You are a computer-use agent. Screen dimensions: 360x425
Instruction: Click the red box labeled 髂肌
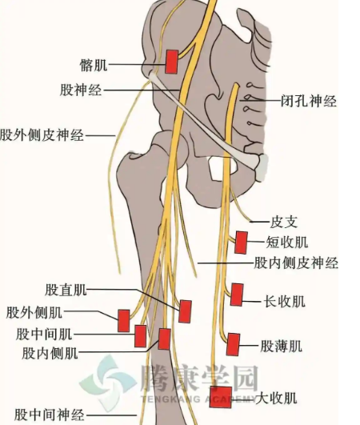click(x=172, y=62)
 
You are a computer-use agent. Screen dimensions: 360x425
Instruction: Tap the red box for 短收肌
click(x=241, y=243)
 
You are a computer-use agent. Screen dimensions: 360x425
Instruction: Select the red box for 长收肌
click(x=237, y=295)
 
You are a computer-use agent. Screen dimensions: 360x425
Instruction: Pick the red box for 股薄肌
click(x=234, y=344)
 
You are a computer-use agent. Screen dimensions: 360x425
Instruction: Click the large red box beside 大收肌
click(x=221, y=397)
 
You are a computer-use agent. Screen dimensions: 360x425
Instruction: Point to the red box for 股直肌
click(x=186, y=311)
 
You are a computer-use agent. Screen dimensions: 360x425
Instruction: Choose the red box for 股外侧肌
click(x=124, y=321)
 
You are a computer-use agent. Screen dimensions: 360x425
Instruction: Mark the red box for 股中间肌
click(x=141, y=336)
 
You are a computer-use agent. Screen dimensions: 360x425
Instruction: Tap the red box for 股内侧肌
click(x=165, y=339)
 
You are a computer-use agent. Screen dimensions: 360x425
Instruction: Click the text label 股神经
click(x=81, y=90)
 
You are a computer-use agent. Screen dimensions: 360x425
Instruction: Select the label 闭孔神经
click(x=309, y=101)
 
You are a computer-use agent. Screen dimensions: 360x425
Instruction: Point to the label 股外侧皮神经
click(x=42, y=134)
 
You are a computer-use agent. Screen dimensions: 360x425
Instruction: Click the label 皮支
click(x=284, y=222)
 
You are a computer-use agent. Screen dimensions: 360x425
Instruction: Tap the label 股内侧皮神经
click(x=296, y=263)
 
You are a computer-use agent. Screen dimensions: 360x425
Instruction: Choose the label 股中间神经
click(x=50, y=415)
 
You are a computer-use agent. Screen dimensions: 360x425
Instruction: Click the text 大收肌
click(x=276, y=398)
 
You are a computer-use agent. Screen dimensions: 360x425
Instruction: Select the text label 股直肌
click(x=66, y=290)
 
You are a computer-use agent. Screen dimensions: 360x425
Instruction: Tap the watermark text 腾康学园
click(x=198, y=378)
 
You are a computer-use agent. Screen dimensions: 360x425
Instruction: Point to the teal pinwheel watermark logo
click(x=108, y=383)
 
